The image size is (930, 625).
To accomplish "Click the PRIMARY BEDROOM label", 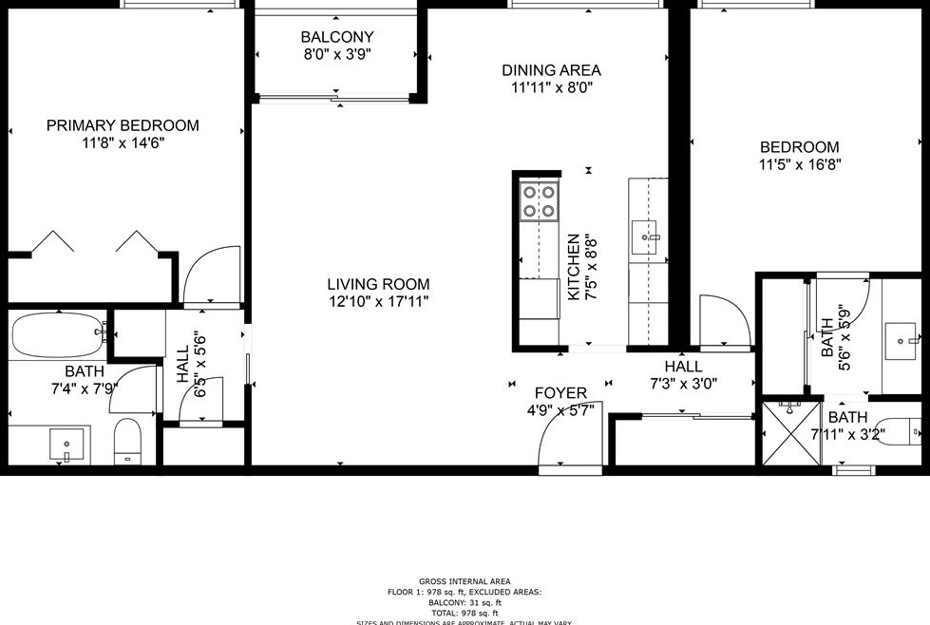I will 123,125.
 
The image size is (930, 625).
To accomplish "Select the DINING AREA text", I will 551,70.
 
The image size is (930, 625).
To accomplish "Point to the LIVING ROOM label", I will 378,284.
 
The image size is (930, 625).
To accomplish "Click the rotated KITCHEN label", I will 574,268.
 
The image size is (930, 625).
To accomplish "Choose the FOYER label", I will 560,393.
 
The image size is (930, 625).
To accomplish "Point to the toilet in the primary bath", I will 127,442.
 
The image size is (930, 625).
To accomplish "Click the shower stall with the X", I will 790,432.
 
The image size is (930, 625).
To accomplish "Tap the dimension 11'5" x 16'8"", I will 799,163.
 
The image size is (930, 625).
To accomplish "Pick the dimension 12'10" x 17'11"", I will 378,302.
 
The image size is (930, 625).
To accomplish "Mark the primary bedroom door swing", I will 211,277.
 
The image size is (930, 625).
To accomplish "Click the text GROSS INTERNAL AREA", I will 465,581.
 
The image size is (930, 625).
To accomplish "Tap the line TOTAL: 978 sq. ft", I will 465,613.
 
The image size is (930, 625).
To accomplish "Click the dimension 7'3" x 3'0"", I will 683,384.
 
